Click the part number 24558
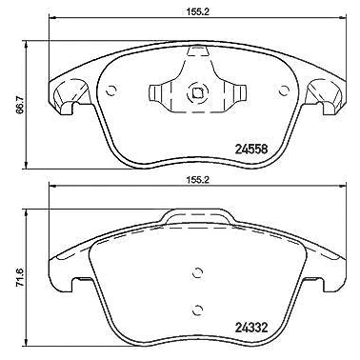[x=251, y=149]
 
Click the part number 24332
[x=251, y=327]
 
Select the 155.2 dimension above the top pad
[x=197, y=11]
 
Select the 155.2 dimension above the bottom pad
[x=197, y=180]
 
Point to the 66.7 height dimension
[x=20, y=105]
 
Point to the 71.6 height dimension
[x=20, y=277]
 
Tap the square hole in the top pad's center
[x=197, y=93]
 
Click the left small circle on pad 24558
[x=111, y=90]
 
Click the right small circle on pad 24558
[x=283, y=90]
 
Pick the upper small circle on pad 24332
[x=197, y=272]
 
